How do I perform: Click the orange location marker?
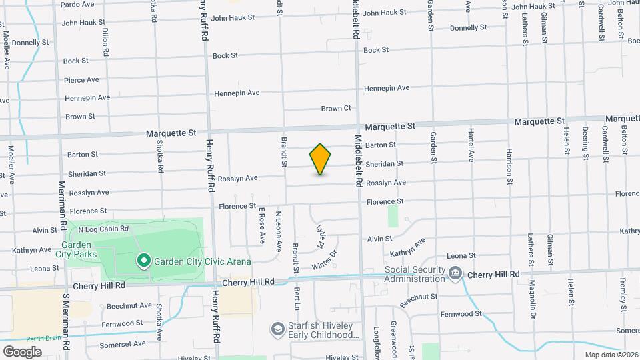click(320, 159)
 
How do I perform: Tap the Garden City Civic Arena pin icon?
click(143, 261)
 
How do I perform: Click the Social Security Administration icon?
click(455, 272)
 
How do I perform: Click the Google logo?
click(22, 351)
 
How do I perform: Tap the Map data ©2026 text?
click(611, 355)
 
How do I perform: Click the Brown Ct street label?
click(335, 108)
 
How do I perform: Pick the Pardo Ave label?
click(77, 4)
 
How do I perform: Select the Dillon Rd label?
click(105, 41)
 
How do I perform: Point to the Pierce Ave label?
click(81, 80)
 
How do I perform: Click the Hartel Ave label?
click(471, 145)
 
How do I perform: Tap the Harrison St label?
click(509, 161)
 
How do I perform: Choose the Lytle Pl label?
click(321, 236)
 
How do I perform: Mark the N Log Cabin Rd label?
click(103, 229)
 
